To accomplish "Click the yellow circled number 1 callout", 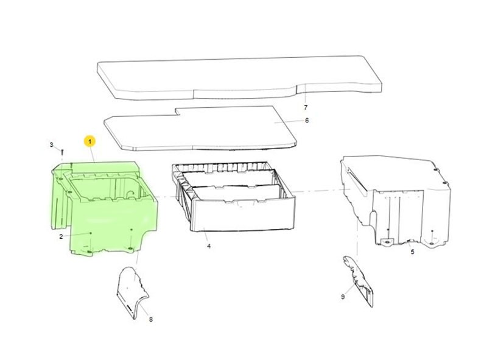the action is pos(89,142).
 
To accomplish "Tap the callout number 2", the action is pos(61,236).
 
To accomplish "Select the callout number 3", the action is pos(52,144).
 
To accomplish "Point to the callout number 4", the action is pos(209,246).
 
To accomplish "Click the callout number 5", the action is pos(413,252).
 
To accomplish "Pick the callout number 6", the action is pos(307,121).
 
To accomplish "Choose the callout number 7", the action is pos(306,108).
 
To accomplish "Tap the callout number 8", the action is pos(150,319).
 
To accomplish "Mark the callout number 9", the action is pos(343,297).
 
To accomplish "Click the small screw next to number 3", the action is pos(62,152).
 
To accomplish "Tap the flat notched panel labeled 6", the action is pos(200,129).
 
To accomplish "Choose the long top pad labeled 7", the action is pos(239,78).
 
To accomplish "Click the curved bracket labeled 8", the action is pos(133,292).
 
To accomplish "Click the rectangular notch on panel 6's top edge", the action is pos(178,112).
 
